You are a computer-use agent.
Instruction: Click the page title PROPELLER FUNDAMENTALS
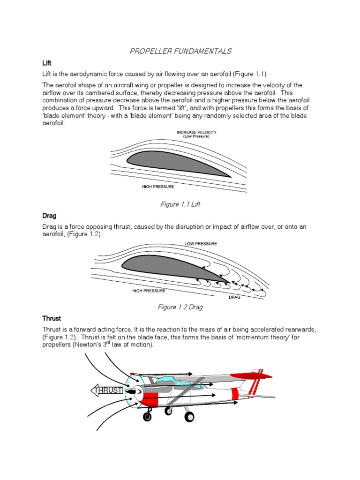180,51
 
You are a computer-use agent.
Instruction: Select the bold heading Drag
49,216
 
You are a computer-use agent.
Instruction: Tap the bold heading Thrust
52,318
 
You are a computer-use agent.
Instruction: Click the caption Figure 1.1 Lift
180,204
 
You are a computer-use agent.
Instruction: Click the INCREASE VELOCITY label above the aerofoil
196,133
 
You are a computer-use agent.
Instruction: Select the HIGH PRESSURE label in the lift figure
158,187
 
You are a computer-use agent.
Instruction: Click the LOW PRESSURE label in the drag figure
201,244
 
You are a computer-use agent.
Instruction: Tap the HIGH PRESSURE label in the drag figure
149,291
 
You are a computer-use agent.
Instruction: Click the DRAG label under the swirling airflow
234,298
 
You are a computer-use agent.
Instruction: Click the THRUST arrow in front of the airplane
107,390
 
